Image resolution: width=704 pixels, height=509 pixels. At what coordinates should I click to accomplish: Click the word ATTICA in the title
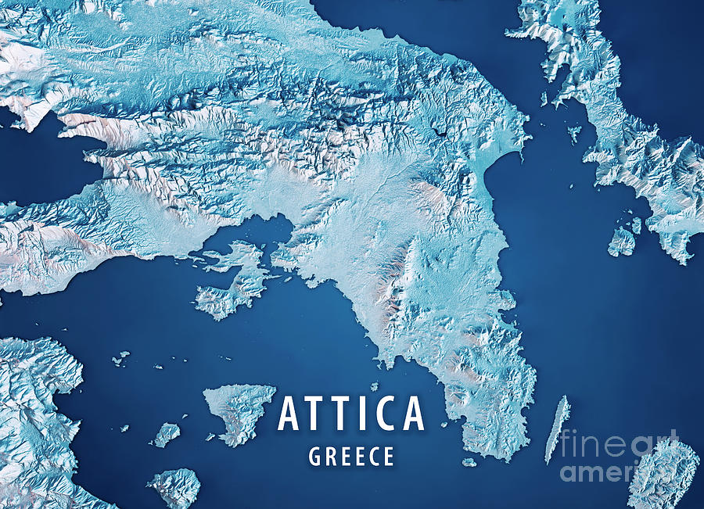coord(351,414)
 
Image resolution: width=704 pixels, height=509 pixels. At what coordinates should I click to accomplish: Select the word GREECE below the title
coord(351,457)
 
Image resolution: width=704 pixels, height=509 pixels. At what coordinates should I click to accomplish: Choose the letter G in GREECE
coord(314,457)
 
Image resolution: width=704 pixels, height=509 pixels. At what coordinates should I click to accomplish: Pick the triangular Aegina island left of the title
coord(239,410)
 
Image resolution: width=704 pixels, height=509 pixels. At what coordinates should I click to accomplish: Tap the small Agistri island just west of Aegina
coord(166,434)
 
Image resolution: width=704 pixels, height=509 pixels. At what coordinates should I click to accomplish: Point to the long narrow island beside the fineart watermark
coord(557,428)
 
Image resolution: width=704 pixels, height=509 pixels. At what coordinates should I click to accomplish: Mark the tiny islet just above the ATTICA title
coord(374,386)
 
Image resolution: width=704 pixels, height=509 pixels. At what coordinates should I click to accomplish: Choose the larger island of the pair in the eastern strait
coord(622,242)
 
